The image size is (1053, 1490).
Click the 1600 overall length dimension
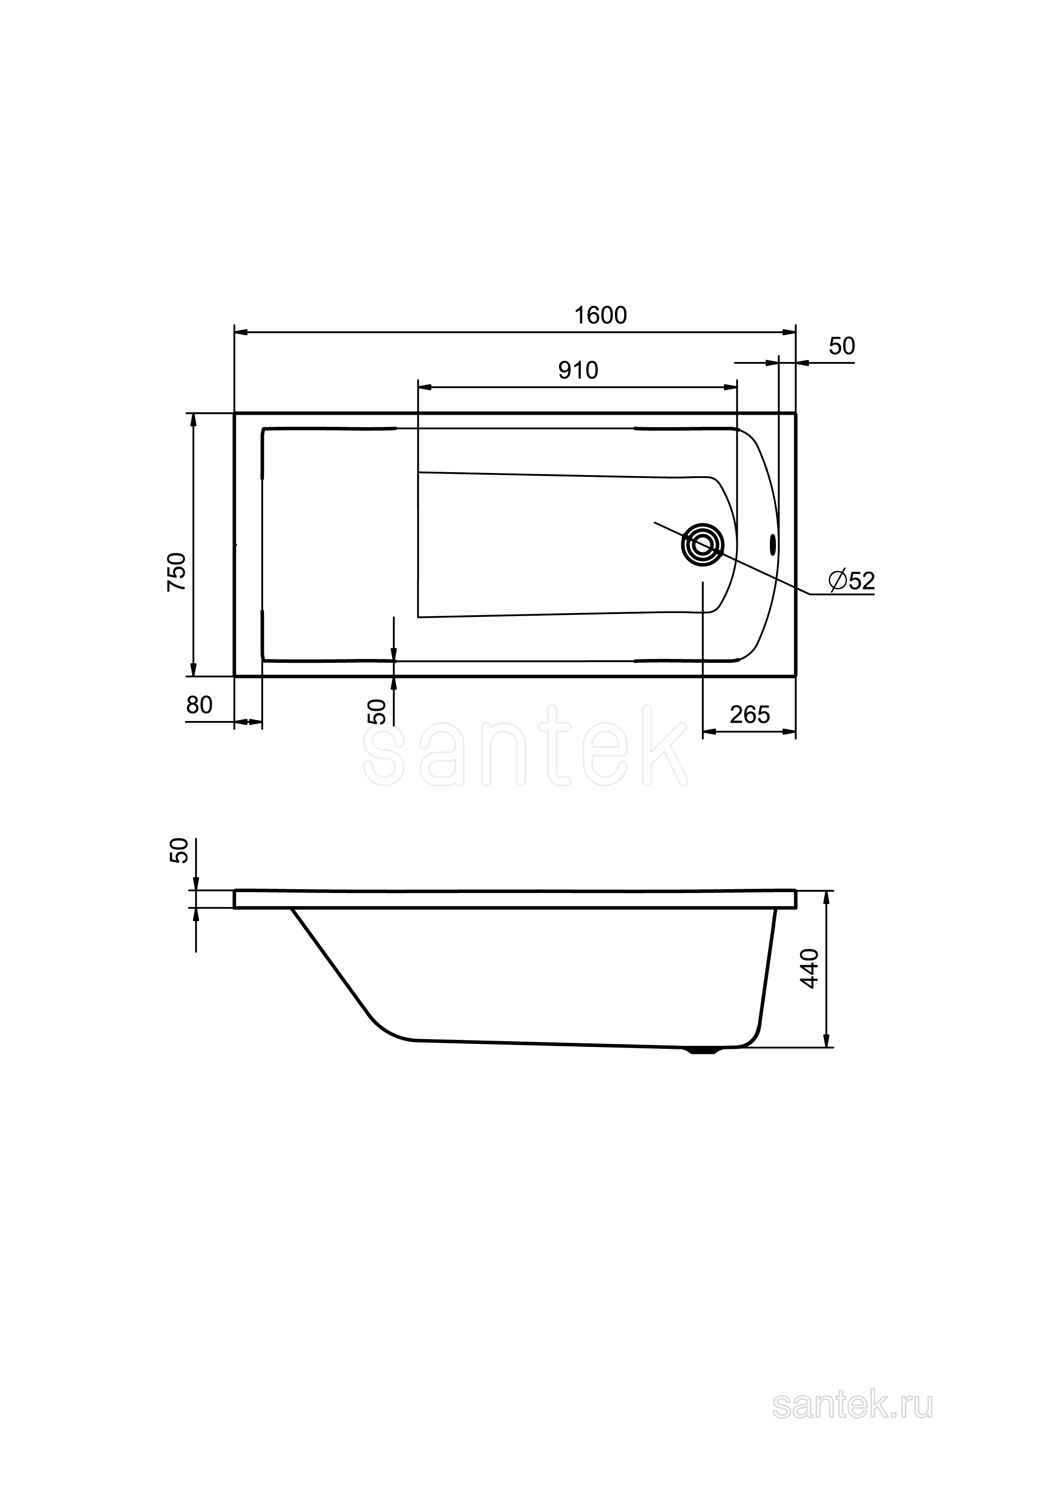pyautogui.click(x=600, y=315)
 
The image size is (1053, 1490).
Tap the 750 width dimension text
pyautogui.click(x=177, y=571)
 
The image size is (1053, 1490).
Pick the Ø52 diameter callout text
pyautogui.click(x=852, y=581)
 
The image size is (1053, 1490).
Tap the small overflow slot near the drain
pyautogui.click(x=772, y=544)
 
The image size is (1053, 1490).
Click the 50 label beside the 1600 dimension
pyautogui.click(x=842, y=346)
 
